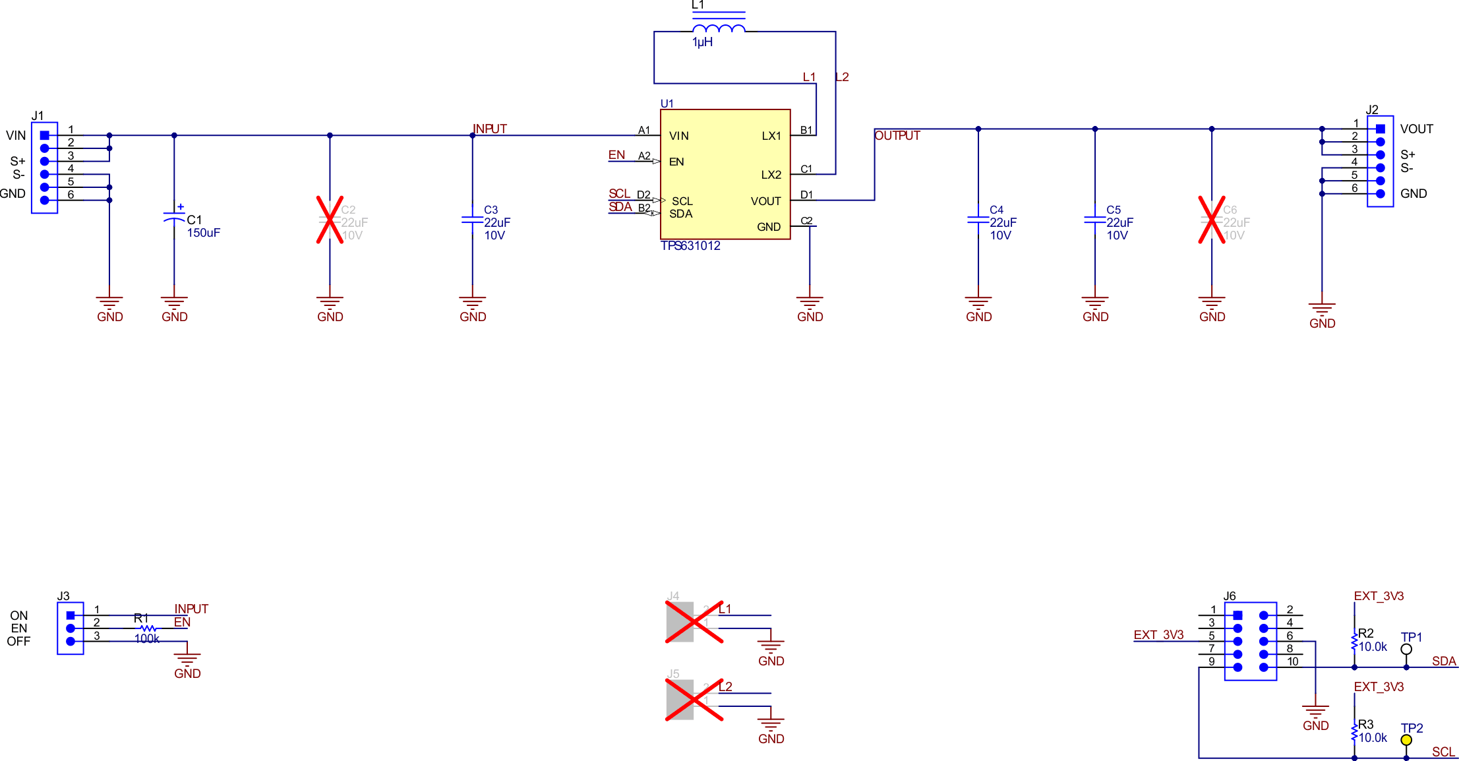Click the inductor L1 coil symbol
click(719, 28)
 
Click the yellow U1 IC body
click(725, 174)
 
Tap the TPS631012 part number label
click(690, 246)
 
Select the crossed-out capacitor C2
click(330, 220)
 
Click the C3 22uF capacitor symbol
click(472, 220)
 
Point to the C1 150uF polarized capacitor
click(174, 217)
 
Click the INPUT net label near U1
click(490, 129)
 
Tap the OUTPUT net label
click(897, 135)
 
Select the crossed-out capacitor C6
click(1211, 220)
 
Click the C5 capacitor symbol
click(1094, 220)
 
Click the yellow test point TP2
click(1406, 740)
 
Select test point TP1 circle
click(1406, 649)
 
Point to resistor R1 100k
click(149, 628)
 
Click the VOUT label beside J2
click(1417, 129)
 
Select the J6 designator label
click(1230, 596)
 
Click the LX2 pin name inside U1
click(771, 175)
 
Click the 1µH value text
click(702, 42)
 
